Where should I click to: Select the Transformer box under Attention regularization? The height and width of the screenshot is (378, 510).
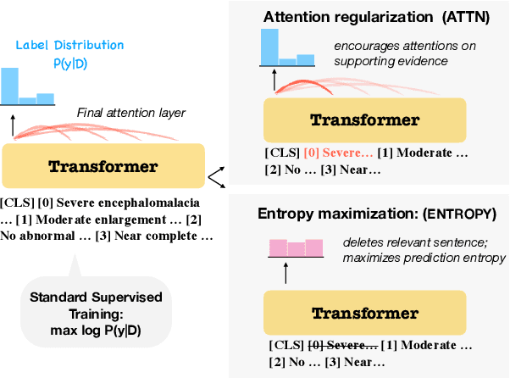[366, 120]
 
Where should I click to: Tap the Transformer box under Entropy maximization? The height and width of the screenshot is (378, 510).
[366, 313]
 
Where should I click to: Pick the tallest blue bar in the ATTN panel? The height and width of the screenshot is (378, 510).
[270, 46]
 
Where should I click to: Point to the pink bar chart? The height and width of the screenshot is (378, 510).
[297, 248]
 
